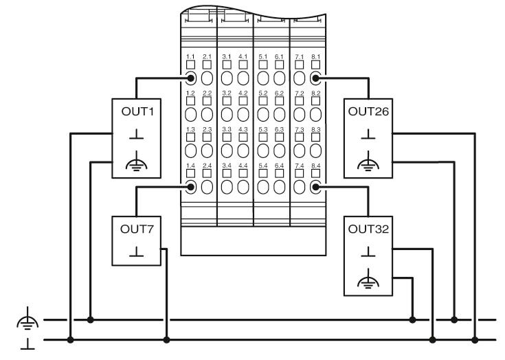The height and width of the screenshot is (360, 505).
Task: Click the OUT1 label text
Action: click(x=137, y=111)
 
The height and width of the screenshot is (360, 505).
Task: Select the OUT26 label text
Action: click(x=368, y=111)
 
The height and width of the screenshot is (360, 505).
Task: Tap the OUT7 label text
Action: click(x=137, y=229)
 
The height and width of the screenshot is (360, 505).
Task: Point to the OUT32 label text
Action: click(x=368, y=229)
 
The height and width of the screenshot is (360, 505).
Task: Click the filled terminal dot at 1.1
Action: click(x=191, y=78)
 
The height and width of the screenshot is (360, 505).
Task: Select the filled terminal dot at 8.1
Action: click(x=315, y=78)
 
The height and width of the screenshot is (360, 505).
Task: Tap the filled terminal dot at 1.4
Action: click(x=191, y=187)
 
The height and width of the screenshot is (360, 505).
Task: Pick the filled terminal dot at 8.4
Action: click(x=315, y=187)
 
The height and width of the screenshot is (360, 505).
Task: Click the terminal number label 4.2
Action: click(x=243, y=93)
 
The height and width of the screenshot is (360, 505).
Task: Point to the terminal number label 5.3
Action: click(x=263, y=129)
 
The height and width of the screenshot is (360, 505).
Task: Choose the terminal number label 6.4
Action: click(x=279, y=166)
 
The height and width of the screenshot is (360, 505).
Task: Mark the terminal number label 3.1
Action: click(x=227, y=56)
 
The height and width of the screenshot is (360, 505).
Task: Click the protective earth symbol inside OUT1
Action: click(x=136, y=161)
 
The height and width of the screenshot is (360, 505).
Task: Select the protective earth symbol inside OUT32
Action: click(x=368, y=278)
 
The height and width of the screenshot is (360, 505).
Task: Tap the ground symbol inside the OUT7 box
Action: click(x=136, y=251)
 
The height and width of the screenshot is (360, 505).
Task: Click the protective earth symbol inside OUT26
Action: click(x=368, y=161)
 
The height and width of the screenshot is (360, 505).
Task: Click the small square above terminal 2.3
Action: click(x=207, y=137)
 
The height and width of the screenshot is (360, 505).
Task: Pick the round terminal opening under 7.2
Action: click(x=300, y=114)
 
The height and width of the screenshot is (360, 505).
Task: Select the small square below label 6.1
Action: click(x=279, y=65)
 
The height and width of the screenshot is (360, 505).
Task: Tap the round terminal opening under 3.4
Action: click(x=227, y=187)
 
